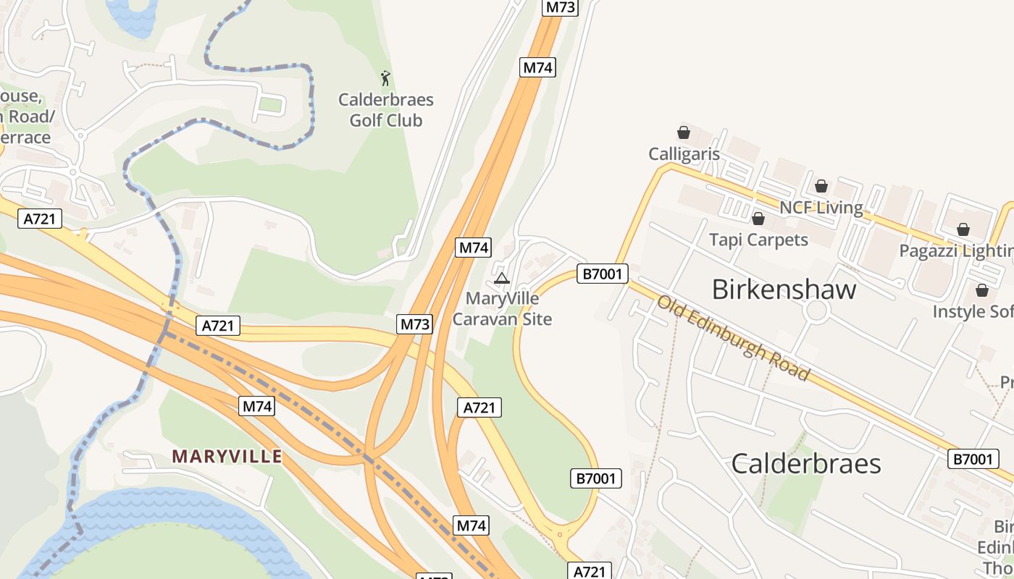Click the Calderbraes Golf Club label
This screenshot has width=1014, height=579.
(386, 110)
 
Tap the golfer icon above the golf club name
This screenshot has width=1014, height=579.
(385, 77)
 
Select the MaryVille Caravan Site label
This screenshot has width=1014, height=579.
(502, 309)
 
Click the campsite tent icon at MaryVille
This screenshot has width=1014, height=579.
(501, 278)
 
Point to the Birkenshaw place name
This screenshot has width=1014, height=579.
(784, 289)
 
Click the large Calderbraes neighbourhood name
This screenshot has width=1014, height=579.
(805, 463)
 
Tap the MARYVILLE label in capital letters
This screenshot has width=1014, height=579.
(227, 457)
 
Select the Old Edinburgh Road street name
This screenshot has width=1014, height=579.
(733, 337)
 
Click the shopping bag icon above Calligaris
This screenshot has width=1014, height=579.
(683, 132)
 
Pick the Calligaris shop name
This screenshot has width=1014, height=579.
(684, 154)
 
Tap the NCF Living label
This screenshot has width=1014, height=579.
(821, 208)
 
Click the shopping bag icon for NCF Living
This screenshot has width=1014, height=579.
(821, 187)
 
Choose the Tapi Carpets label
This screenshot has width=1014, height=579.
(758, 240)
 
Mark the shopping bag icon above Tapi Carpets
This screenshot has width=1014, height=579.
(758, 219)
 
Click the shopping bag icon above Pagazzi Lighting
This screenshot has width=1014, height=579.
(963, 229)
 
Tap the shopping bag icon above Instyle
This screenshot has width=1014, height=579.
(982, 290)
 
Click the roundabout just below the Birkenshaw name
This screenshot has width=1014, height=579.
(817, 311)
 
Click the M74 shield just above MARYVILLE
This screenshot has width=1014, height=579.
(257, 406)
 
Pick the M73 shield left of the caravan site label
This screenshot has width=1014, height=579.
(415, 324)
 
